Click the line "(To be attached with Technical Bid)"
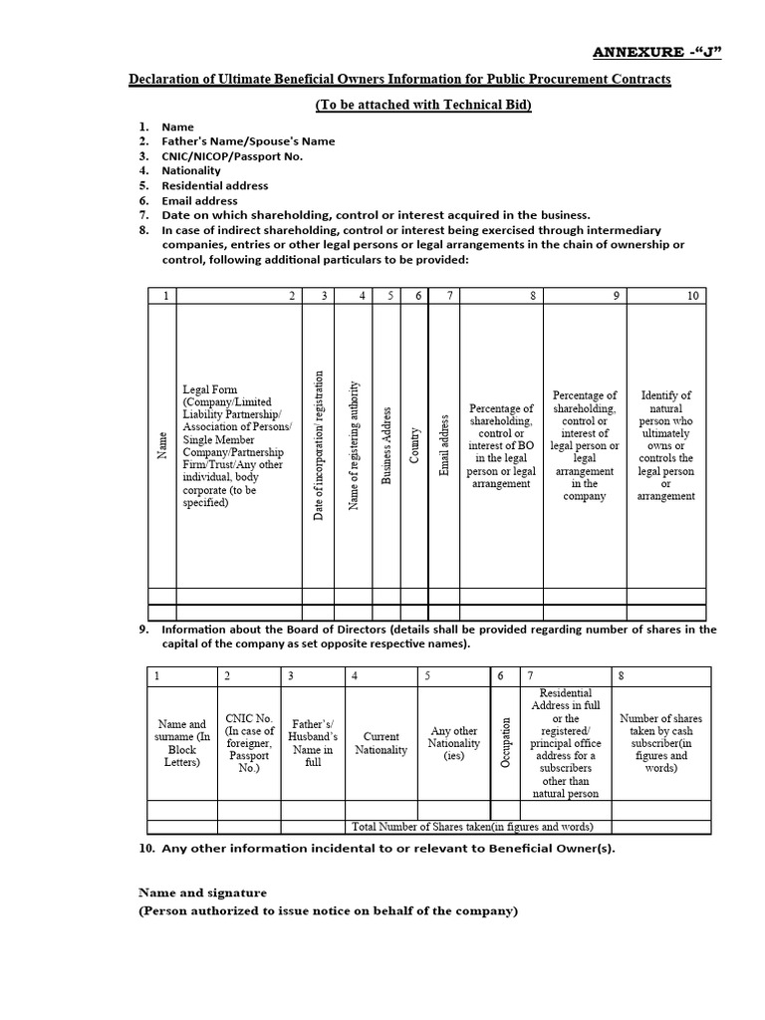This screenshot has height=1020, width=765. coord(423,105)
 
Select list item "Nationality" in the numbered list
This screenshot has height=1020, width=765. coord(191,170)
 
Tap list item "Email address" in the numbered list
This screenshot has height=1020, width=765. coord(199,200)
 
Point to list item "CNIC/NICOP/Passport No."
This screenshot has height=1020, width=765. coord(232,155)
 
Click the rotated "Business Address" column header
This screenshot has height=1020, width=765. coord(386,445)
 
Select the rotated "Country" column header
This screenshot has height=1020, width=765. coord(415,445)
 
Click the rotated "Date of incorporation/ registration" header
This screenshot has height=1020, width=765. coord(319,445)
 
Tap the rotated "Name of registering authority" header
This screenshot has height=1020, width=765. coord(353,445)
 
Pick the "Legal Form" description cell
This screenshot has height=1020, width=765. coord(237,446)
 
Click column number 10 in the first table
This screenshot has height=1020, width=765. coord(692,296)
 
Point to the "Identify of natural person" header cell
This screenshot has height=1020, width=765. coord(666,445)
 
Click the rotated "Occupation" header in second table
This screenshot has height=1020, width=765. coord(506,743)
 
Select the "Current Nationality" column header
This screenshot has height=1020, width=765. coord(381,743)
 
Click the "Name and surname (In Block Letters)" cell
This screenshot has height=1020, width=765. coord(182,743)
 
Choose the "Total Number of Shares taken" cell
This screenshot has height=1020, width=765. coord(472,827)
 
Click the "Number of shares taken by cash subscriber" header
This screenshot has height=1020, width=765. coord(660,743)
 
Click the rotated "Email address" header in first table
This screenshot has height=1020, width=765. coord(445,445)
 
